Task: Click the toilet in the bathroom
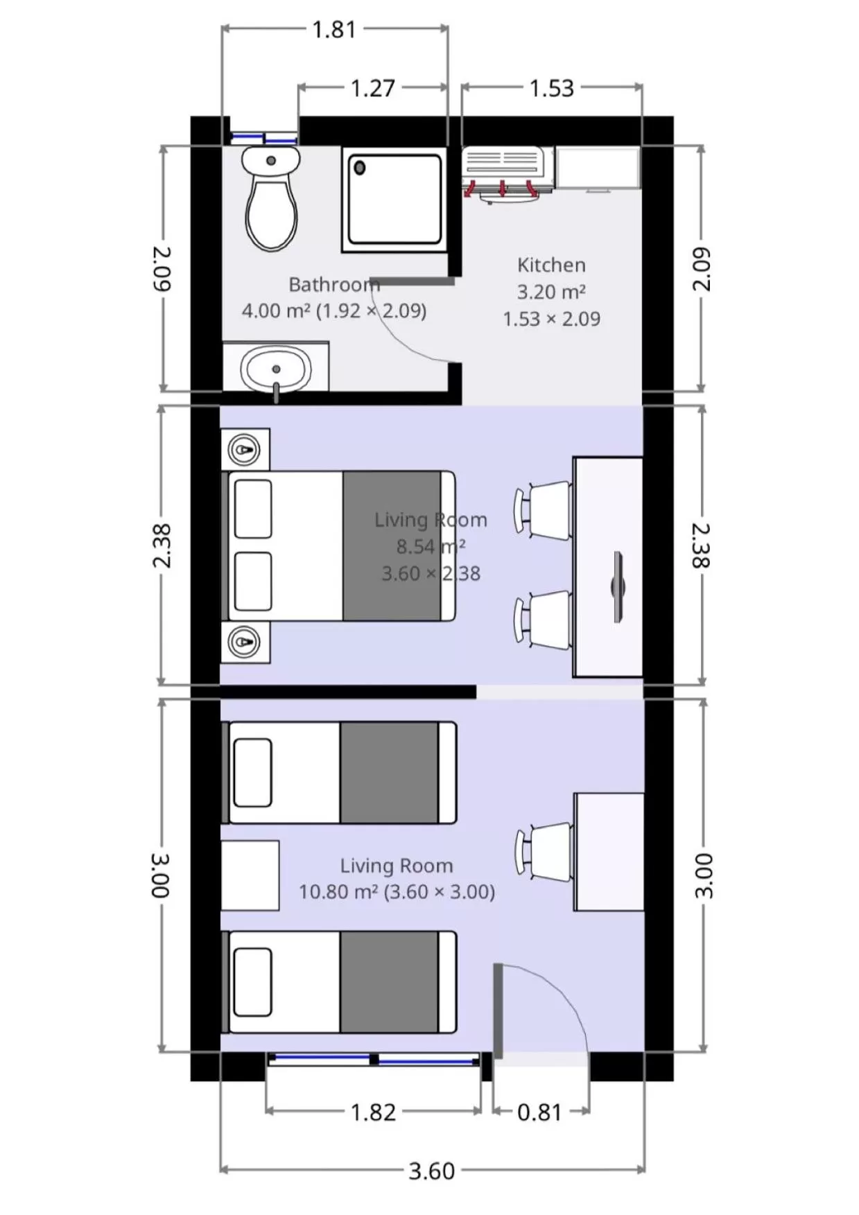[271, 201]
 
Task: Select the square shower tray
[394, 200]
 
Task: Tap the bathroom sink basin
[275, 369]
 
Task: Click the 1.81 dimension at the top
[333, 30]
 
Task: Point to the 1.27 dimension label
[372, 89]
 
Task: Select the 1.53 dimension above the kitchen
[551, 89]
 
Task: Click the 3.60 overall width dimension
[431, 1171]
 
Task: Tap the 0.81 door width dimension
[539, 1112]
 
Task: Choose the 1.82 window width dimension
[373, 1112]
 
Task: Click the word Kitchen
[551, 265]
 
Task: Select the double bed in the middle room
[340, 546]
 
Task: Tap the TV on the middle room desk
[617, 587]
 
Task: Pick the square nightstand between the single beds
[250, 875]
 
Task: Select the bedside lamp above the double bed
[244, 450]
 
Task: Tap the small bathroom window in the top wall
[263, 138]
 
